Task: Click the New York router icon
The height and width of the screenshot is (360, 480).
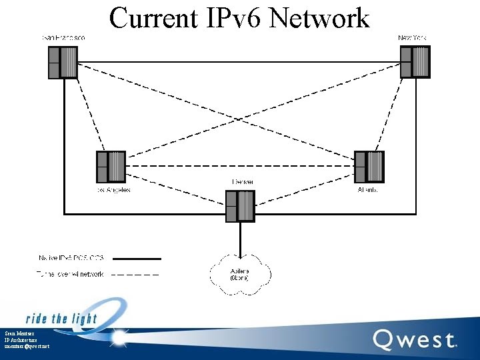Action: pyautogui.click(x=415, y=61)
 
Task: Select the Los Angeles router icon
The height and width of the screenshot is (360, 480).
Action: pyautogui.click(x=111, y=167)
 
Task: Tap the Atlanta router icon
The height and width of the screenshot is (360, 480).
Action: pyautogui.click(x=369, y=167)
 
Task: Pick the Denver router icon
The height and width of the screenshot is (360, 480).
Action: pyautogui.click(x=240, y=206)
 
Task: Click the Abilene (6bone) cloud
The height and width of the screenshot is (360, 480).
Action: pyautogui.click(x=240, y=273)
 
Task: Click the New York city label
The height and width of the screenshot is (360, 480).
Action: pyautogui.click(x=412, y=38)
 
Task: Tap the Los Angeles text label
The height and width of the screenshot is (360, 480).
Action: pyautogui.click(x=111, y=190)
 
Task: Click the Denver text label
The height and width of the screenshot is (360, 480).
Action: pyautogui.click(x=242, y=182)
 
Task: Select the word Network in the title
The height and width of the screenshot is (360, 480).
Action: pyautogui.click(x=319, y=18)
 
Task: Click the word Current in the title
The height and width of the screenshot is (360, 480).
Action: pyautogui.click(x=153, y=18)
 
